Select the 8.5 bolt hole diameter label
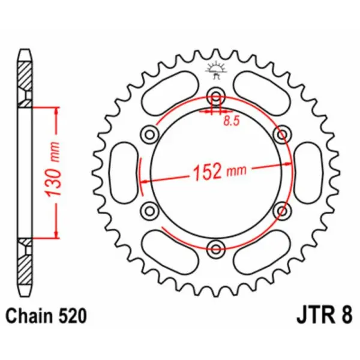(x=230, y=121)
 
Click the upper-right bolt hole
(x=280, y=134)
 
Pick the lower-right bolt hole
(x=280, y=209)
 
